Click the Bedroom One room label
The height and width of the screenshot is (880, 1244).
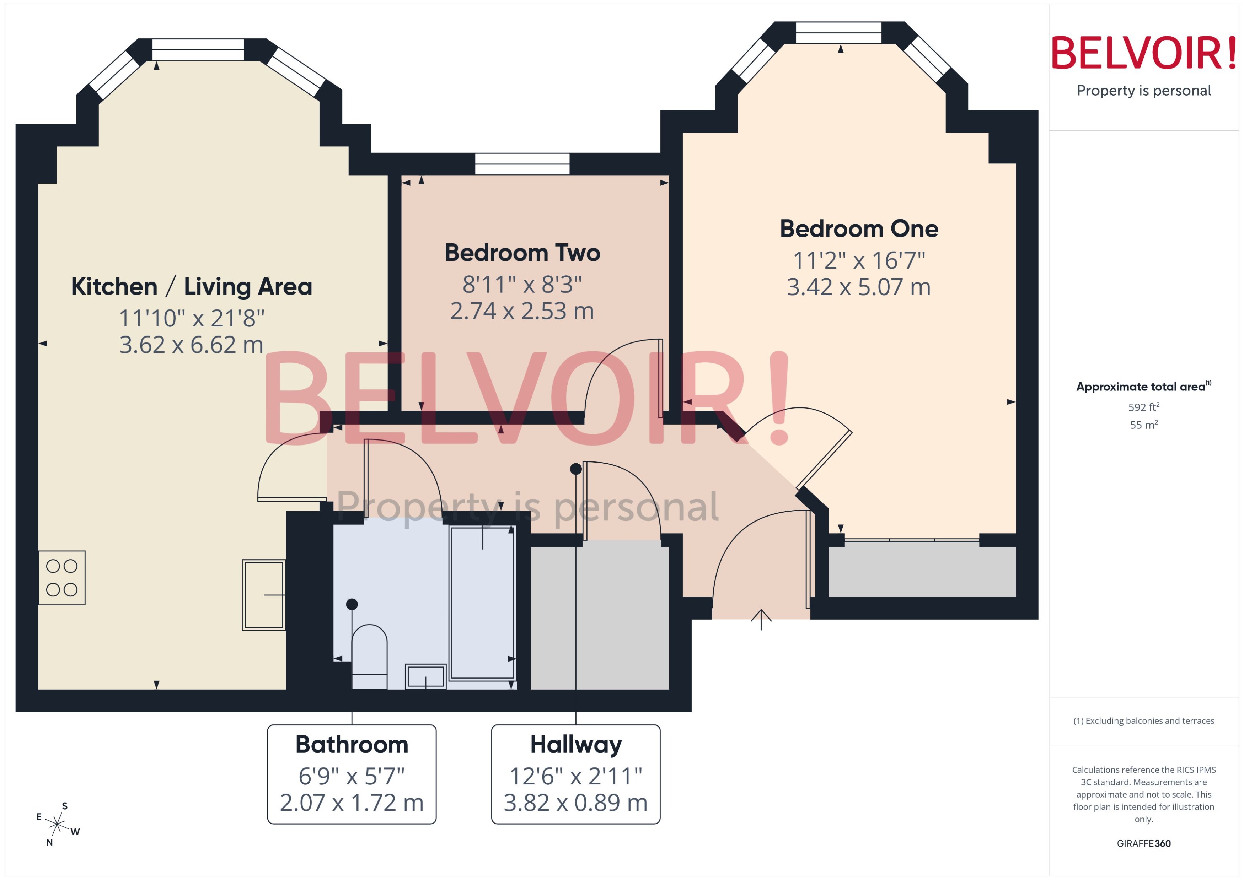859,229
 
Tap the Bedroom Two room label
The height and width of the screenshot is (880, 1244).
522,253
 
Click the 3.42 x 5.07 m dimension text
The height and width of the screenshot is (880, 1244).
859,287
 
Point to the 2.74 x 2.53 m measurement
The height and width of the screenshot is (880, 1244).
522,311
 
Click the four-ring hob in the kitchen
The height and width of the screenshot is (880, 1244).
62,578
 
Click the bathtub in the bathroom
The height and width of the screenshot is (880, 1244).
482,603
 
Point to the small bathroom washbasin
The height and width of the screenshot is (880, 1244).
425,676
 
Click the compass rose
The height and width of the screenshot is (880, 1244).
57,825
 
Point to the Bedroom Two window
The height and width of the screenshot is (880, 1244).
522,164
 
